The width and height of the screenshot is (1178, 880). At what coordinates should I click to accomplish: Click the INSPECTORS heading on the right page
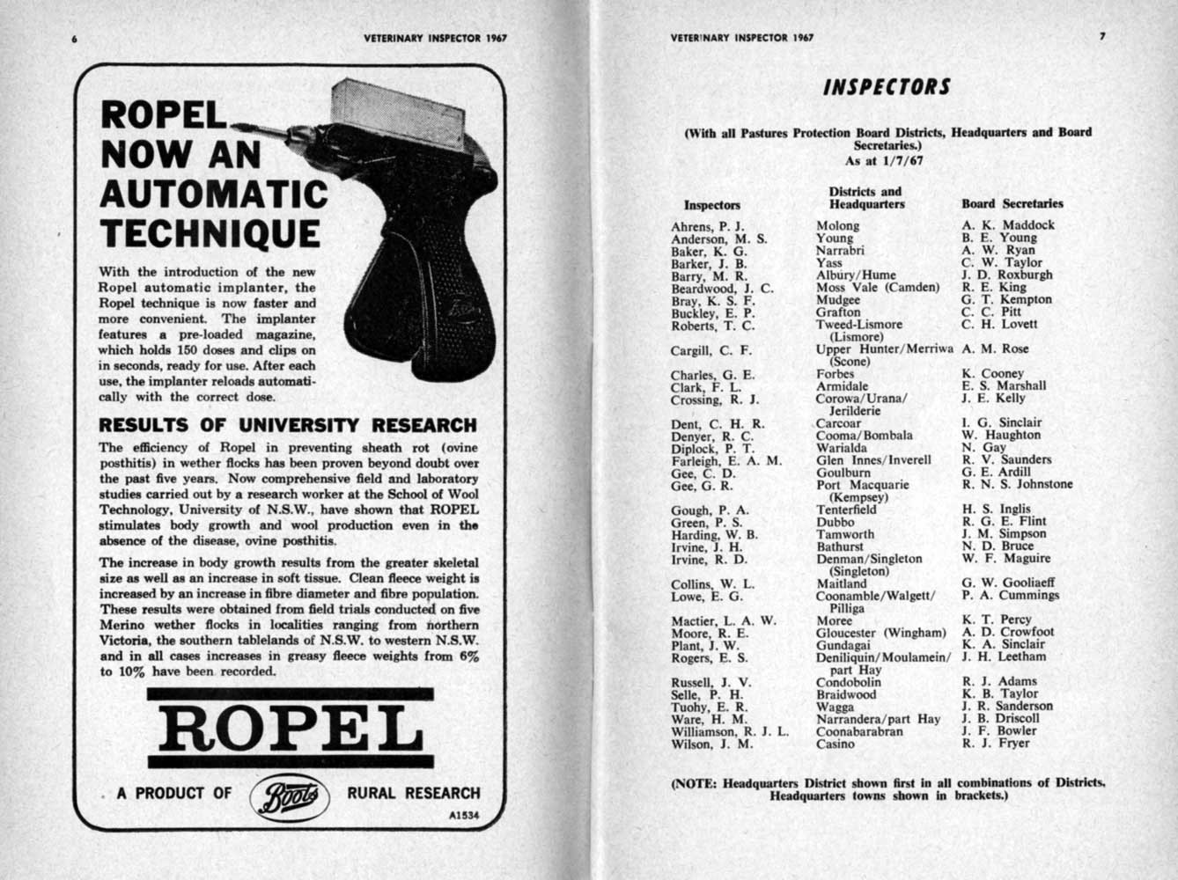887,87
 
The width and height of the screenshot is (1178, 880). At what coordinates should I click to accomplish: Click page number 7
1101,38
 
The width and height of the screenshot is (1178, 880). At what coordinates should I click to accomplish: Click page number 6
77,40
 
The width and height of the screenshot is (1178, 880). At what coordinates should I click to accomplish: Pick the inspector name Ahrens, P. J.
708,225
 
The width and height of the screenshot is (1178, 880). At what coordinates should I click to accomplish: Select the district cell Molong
837,225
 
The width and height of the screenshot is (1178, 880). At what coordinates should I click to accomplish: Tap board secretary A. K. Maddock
1007,224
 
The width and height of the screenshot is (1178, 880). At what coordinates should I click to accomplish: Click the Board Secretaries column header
1012,203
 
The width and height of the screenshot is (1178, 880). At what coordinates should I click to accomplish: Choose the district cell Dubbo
835,522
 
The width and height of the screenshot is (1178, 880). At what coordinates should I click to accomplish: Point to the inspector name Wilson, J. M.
711,744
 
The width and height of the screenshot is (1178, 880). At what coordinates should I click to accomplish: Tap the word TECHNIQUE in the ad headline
210,234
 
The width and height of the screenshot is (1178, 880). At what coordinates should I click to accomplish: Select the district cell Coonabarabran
859,730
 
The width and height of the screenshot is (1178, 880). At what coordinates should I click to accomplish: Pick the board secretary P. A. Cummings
1010,596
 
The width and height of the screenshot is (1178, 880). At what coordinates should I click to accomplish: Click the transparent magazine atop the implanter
398,112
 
